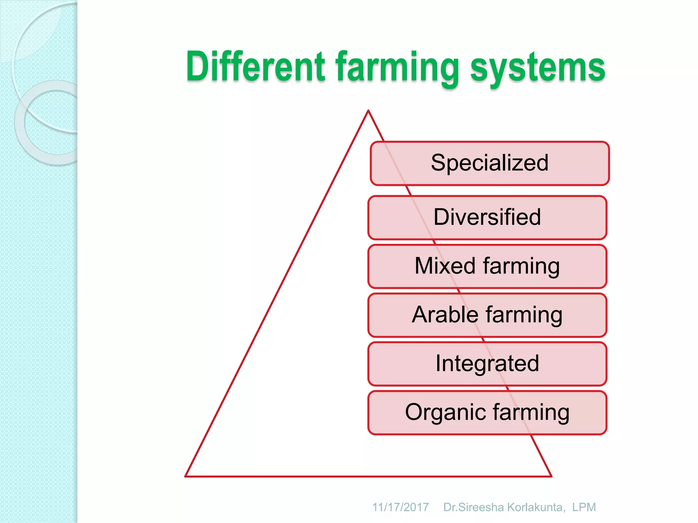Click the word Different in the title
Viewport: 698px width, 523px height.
click(256, 66)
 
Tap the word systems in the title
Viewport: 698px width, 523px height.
click(537, 68)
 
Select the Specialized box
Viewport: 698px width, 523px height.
click(490, 163)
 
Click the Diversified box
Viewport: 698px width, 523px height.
click(487, 217)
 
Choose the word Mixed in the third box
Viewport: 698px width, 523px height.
click(445, 266)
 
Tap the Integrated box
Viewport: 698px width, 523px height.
click(487, 363)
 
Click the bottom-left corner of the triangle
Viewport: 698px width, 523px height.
click(186, 476)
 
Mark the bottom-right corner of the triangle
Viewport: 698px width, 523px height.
click(551, 476)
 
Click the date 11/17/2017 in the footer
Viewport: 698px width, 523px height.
click(400, 507)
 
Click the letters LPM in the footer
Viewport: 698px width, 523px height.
click(584, 507)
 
